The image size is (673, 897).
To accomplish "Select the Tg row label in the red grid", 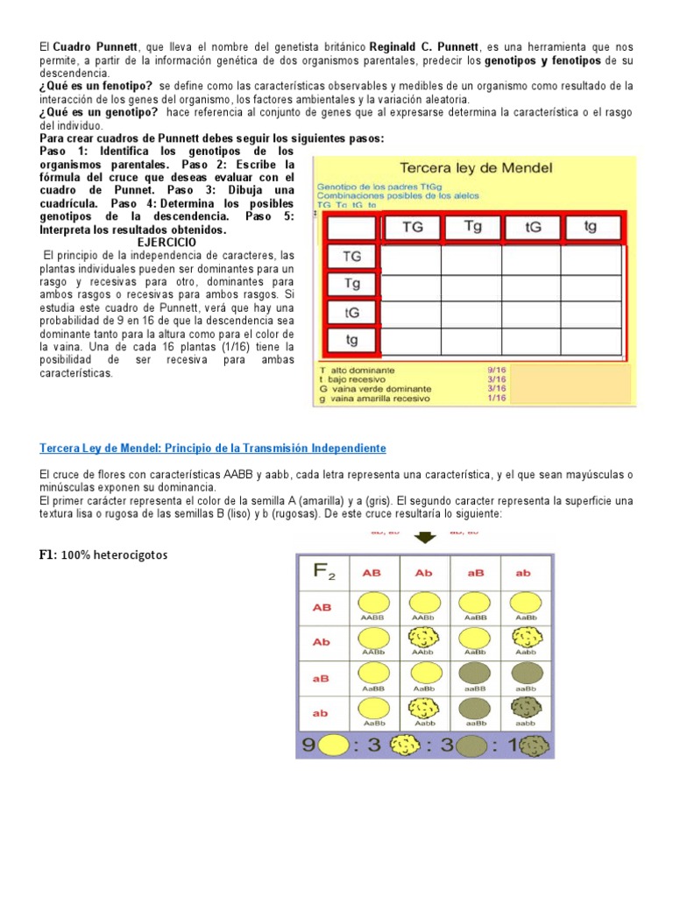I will point(352,284).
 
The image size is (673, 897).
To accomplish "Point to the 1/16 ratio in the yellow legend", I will point(496,398).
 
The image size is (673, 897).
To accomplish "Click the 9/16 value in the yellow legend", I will point(496,370).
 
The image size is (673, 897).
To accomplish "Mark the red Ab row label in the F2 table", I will point(321,642).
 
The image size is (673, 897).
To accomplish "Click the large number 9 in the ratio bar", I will point(308,745).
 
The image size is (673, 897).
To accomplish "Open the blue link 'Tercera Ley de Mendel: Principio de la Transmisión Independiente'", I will point(213,448).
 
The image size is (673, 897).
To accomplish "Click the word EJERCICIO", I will point(167,242).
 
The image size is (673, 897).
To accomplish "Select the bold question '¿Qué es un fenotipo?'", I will point(96,85).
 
